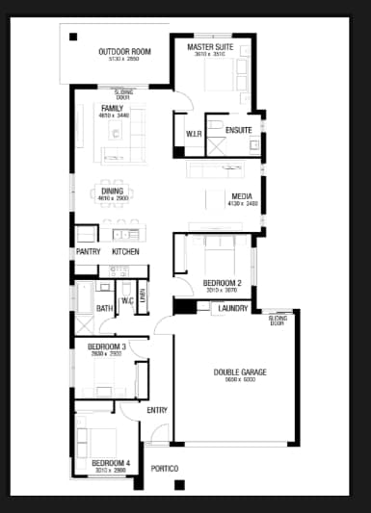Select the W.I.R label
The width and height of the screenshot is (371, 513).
point(193,134)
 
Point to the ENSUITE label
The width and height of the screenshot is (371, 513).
point(239,130)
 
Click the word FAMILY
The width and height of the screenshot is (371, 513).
point(112,108)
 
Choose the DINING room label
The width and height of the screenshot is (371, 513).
point(113,191)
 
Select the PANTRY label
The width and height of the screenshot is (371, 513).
point(89,252)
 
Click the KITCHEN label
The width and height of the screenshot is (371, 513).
point(125,252)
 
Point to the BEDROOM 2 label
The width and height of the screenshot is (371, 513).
point(222,282)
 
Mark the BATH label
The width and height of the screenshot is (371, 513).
point(103,309)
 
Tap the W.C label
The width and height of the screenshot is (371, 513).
point(127,300)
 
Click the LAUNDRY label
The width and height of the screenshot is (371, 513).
point(233,308)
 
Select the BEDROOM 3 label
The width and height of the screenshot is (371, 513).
point(107,346)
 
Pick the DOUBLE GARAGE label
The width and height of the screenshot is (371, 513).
point(240,372)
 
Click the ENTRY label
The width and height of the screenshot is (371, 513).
point(157,411)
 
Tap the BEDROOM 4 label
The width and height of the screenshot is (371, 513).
point(111,463)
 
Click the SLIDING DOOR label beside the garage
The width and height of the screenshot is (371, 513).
point(278,319)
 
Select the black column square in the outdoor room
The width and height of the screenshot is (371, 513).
point(74,38)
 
